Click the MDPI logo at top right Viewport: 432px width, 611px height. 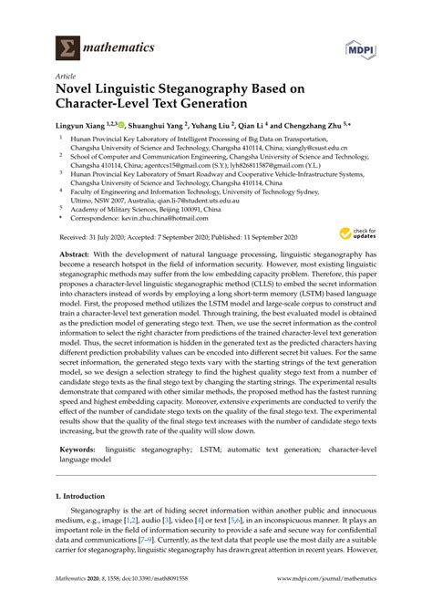[386, 47]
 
